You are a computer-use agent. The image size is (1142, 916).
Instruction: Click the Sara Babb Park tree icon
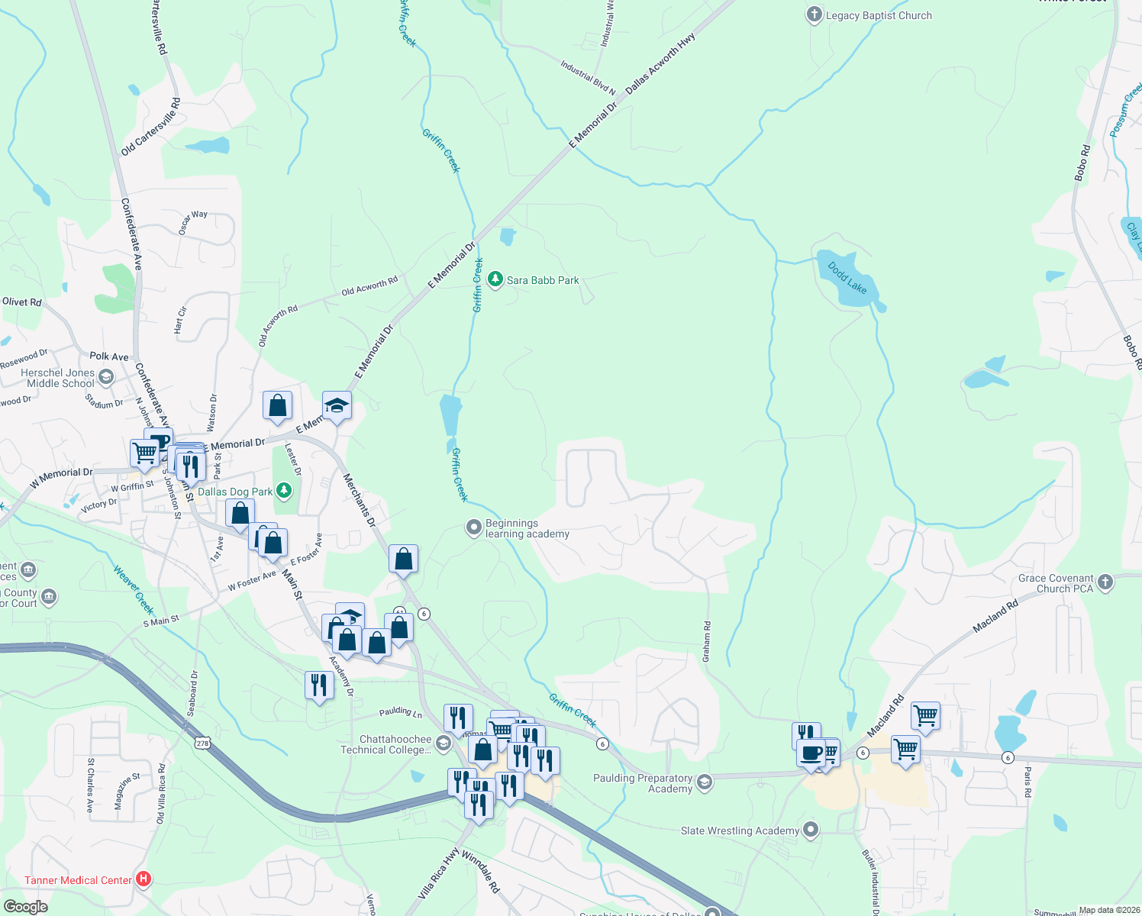click(495, 279)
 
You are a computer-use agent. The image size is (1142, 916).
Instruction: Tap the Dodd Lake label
click(847, 278)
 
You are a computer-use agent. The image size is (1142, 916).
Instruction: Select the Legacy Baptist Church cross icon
click(815, 15)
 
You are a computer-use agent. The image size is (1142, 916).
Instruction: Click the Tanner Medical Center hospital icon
click(143, 879)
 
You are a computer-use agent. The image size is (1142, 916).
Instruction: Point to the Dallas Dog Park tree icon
click(284, 491)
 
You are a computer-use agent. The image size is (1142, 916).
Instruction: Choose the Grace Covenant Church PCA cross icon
click(1105, 583)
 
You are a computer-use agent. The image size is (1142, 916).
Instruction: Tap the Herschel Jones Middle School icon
click(106, 377)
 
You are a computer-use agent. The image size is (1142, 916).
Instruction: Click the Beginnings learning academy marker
click(474, 527)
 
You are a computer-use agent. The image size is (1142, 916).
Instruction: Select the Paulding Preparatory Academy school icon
click(705, 782)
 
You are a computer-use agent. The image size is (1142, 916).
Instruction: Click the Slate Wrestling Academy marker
click(811, 830)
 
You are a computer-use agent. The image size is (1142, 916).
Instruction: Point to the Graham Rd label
click(707, 641)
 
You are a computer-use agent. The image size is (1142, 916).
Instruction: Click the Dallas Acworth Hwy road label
click(660, 63)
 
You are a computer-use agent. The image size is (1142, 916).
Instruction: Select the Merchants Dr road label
click(359, 500)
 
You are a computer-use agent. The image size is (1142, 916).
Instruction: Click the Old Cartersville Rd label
click(150, 127)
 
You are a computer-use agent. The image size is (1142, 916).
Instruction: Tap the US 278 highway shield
click(202, 743)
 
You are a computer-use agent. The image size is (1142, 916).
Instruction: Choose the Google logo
click(25, 906)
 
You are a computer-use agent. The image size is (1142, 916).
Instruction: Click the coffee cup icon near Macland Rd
click(811, 753)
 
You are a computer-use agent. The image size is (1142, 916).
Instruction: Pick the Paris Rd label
click(1027, 782)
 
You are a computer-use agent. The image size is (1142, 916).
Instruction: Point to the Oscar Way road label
click(193, 222)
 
